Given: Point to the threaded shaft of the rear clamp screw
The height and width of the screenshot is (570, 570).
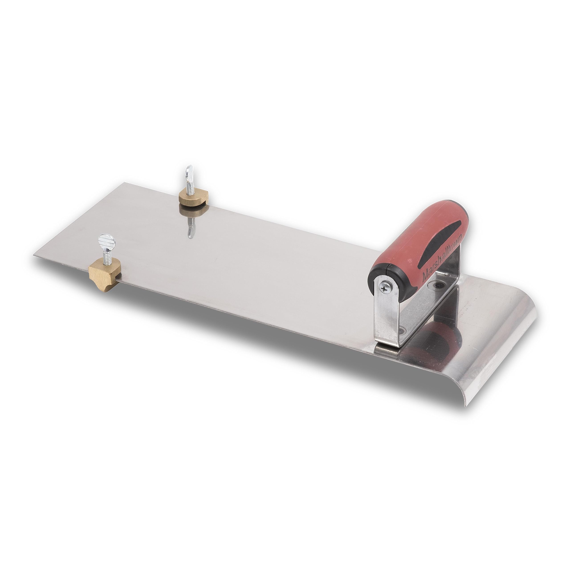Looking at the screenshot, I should tap(188, 186).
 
